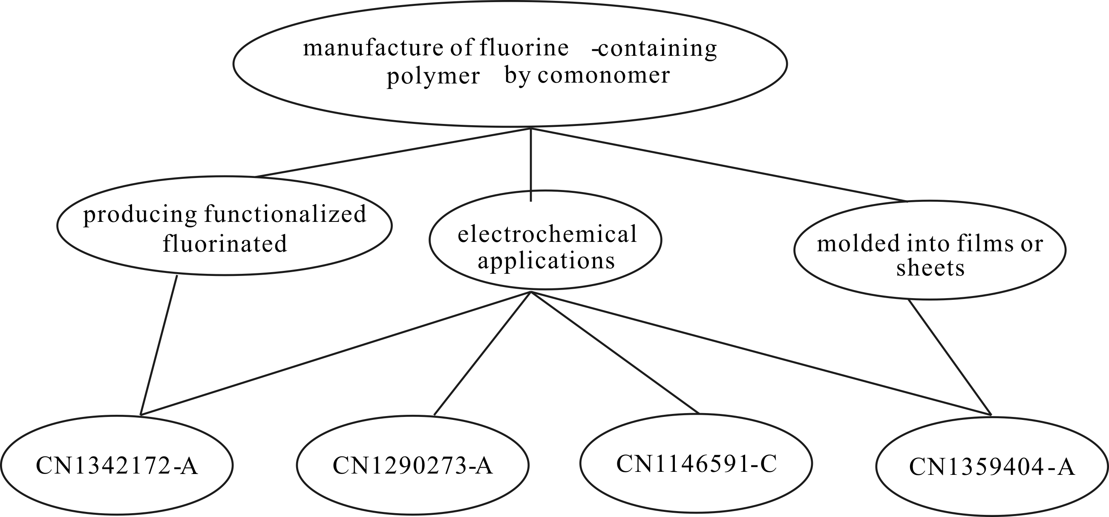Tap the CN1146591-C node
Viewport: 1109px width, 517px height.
point(696,464)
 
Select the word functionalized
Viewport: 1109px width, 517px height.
point(285,214)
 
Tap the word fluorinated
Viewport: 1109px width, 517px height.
point(225,244)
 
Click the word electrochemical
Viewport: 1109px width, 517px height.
point(547,235)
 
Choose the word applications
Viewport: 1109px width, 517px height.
point(546,261)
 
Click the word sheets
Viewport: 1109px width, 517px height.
point(930,269)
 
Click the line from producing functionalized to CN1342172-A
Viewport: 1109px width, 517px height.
point(159,345)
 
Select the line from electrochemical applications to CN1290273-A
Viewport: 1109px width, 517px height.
point(482,353)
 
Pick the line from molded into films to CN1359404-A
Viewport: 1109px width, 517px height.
point(950,358)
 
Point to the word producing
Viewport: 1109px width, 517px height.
point(140,214)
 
